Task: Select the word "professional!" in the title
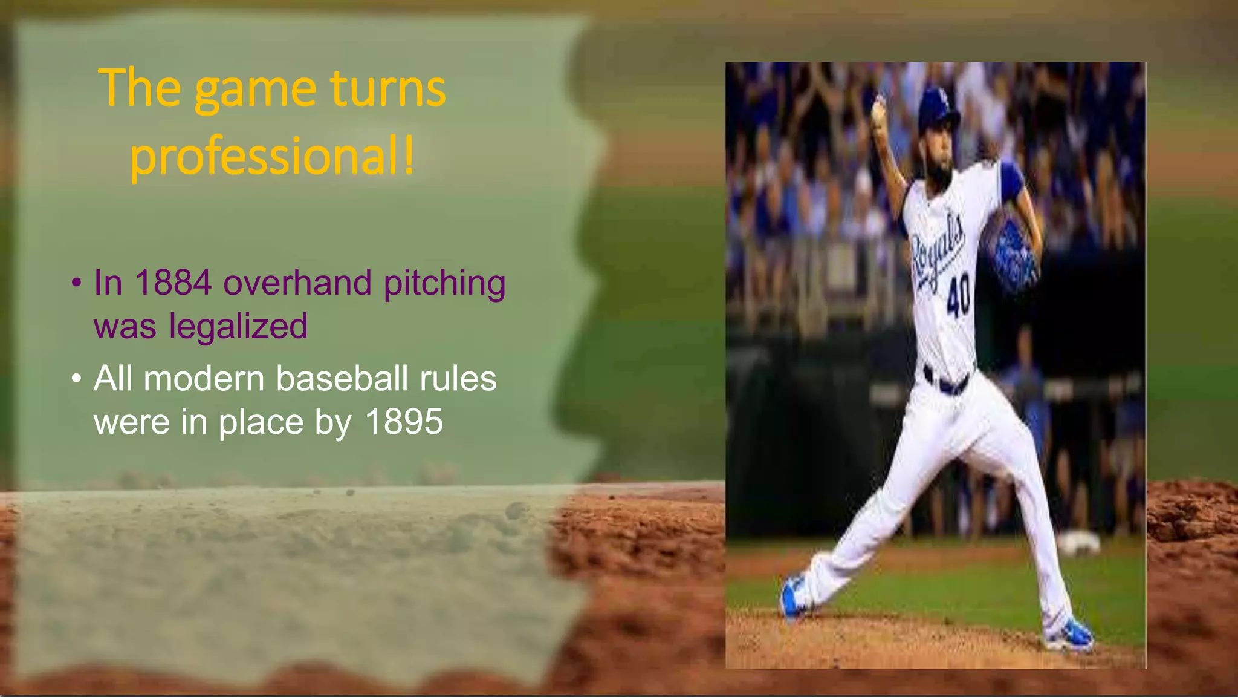pyautogui.click(x=272, y=156)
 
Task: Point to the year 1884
pyautogui.click(x=173, y=283)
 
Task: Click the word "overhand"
pyautogui.click(x=297, y=283)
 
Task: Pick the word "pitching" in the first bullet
pyautogui.click(x=444, y=283)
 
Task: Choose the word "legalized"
pyautogui.click(x=238, y=327)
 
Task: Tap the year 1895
pyautogui.click(x=404, y=422)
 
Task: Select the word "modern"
pyautogui.click(x=204, y=379)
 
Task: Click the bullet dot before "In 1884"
pyautogui.click(x=76, y=283)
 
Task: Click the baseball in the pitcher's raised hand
pyautogui.click(x=878, y=109)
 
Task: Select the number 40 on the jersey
pyautogui.click(x=959, y=295)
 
